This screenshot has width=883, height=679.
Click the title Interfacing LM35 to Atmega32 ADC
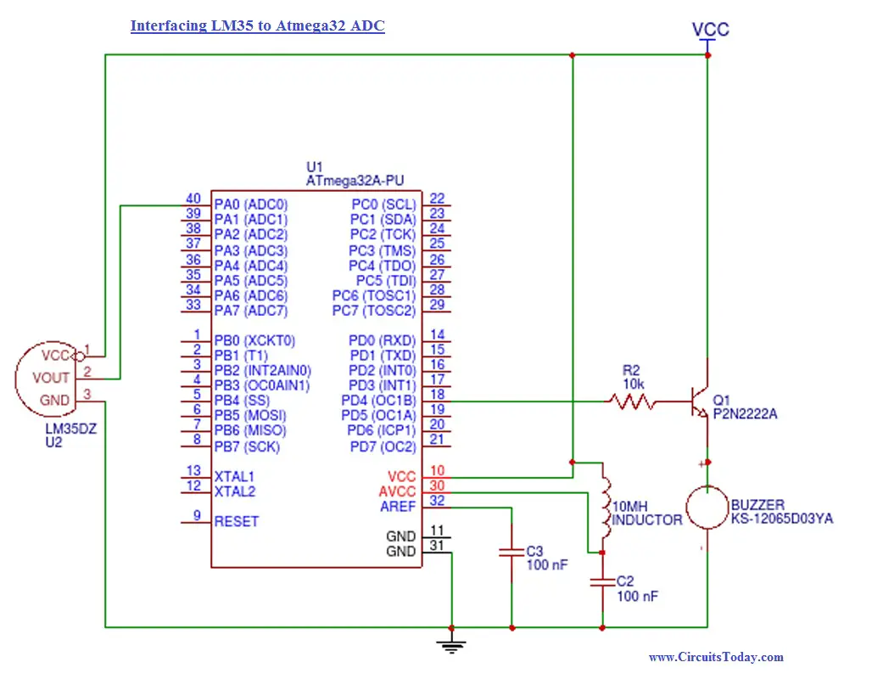tap(257, 26)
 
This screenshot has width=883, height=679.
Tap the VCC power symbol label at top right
tap(710, 30)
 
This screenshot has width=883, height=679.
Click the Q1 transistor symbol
tap(700, 401)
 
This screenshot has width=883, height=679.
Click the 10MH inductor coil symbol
tap(604, 507)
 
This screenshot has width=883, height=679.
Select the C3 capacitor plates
tap(511, 552)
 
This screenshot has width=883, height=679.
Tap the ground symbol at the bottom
tap(451, 646)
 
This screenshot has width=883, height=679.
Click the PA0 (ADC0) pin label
tap(250, 204)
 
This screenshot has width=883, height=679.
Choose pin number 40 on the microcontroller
tap(193, 199)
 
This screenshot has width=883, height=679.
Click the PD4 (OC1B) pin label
tap(378, 401)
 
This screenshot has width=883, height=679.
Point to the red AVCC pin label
tap(397, 492)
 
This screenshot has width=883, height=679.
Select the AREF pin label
tap(398, 508)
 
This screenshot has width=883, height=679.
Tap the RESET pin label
tap(237, 522)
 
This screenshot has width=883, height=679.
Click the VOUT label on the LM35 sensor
tap(51, 378)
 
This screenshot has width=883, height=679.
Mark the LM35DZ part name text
tap(71, 429)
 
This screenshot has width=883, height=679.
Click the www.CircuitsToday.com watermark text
tap(716, 657)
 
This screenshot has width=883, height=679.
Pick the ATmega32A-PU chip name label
tap(355, 181)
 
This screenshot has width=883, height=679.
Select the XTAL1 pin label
tap(234, 477)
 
